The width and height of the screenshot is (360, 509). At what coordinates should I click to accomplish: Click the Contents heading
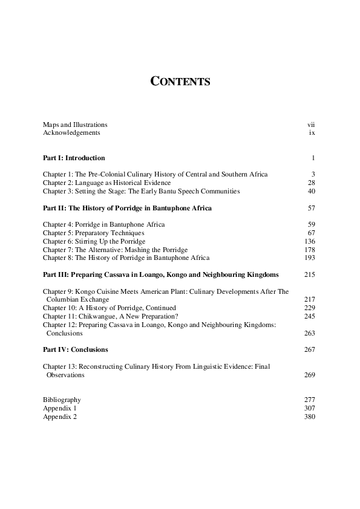click(x=180, y=82)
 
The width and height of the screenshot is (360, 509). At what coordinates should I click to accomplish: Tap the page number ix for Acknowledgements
click(x=312, y=132)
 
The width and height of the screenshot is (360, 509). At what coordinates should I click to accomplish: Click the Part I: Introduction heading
click(x=74, y=158)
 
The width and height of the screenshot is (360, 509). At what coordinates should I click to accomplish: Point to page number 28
click(x=312, y=183)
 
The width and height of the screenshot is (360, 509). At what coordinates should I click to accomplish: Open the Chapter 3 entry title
click(x=141, y=191)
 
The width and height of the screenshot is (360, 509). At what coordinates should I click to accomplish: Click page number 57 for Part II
click(x=312, y=208)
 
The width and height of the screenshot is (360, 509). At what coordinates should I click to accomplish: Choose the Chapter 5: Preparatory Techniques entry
click(x=93, y=233)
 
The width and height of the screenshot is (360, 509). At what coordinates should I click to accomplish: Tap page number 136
click(x=310, y=241)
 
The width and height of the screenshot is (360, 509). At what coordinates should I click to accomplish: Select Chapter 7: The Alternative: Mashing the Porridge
click(x=115, y=250)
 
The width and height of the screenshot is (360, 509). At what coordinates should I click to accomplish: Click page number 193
click(x=310, y=258)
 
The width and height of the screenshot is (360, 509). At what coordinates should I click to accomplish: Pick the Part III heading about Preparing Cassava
click(x=161, y=274)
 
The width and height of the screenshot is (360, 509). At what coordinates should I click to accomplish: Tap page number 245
click(x=310, y=316)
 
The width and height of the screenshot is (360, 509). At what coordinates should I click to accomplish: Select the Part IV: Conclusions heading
click(x=76, y=349)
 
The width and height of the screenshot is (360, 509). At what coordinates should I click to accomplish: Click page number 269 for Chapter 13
click(x=310, y=375)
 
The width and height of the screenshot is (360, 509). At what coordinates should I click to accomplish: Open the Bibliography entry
click(x=62, y=400)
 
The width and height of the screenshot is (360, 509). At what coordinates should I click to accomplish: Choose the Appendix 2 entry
click(x=60, y=417)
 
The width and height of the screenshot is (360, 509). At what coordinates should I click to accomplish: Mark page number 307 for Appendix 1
click(x=310, y=408)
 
